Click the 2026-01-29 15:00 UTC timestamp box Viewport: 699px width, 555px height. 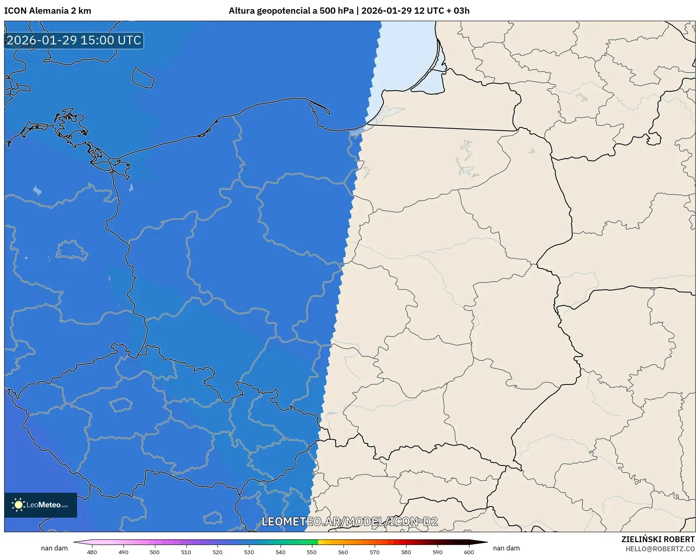point(74,40)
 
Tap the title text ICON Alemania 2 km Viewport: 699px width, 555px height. point(48,11)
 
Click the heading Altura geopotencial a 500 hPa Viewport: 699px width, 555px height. point(291,11)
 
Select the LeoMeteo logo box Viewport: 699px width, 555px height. point(41,505)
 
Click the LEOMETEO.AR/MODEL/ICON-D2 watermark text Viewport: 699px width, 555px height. point(349,521)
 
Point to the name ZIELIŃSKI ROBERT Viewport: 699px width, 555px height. point(658,539)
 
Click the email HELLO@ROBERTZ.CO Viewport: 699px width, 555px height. point(660,549)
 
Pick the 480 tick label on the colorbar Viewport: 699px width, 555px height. point(92,552)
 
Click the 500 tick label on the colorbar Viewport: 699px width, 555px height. point(155,552)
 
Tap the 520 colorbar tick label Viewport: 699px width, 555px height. point(218,552)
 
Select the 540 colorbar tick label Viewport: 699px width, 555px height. point(281,552)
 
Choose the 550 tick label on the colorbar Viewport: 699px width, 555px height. point(312,552)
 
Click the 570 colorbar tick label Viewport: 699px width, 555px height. point(375,552)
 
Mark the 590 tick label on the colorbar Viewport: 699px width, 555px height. point(438,552)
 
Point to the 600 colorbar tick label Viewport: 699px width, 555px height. point(469,552)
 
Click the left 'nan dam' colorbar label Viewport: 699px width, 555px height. point(54,548)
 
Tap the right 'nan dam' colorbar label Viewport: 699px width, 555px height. point(506,548)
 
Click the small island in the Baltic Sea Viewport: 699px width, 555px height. point(143,78)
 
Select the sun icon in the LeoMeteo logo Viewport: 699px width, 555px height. point(18,504)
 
